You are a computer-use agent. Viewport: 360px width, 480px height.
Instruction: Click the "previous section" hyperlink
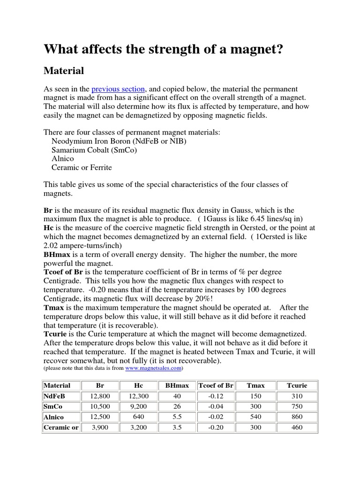[119, 89]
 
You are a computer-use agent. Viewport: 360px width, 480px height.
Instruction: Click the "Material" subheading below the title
[64, 71]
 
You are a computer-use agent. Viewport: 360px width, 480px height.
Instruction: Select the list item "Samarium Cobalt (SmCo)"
[94, 150]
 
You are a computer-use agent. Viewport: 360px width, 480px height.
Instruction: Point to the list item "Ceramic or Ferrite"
[82, 167]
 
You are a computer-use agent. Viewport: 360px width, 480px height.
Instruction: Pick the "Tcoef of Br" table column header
[216, 385]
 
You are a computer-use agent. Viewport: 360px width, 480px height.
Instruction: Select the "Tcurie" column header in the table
[297, 385]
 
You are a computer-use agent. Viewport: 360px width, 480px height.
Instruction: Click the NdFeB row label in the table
[54, 396]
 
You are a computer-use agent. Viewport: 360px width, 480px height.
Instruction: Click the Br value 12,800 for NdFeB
[99, 396]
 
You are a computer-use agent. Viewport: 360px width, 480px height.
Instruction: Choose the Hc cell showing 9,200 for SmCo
[138, 406]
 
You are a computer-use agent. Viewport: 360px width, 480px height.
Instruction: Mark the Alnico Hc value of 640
[138, 417]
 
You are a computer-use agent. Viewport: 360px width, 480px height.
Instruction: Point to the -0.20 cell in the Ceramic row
[216, 427]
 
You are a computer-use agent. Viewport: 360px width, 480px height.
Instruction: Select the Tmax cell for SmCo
[255, 406]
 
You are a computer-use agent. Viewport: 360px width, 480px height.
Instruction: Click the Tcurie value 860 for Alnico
[297, 417]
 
